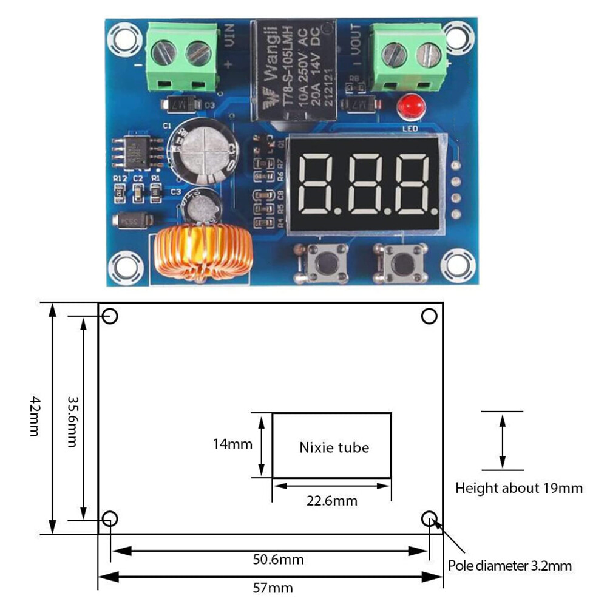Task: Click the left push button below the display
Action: click(322, 263)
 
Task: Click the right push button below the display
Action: click(401, 263)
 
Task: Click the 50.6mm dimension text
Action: click(278, 560)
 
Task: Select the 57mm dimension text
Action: click(270, 588)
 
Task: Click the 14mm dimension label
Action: click(232, 444)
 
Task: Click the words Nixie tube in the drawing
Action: click(334, 448)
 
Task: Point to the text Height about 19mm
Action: click(519, 487)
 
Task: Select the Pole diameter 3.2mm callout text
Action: click(510, 566)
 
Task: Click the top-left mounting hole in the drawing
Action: click(110, 316)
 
